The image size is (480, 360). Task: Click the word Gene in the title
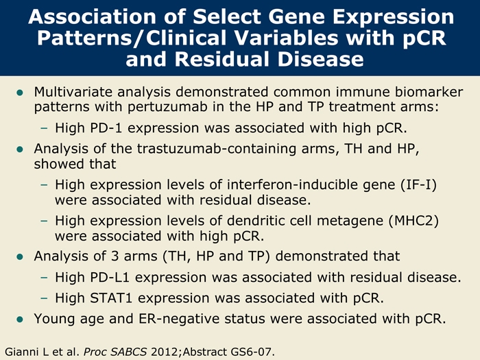click(298, 16)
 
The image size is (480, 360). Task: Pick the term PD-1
click(106, 128)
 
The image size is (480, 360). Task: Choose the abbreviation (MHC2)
click(413, 221)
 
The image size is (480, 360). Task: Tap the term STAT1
click(111, 298)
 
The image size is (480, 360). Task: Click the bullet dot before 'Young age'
click(20, 320)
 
